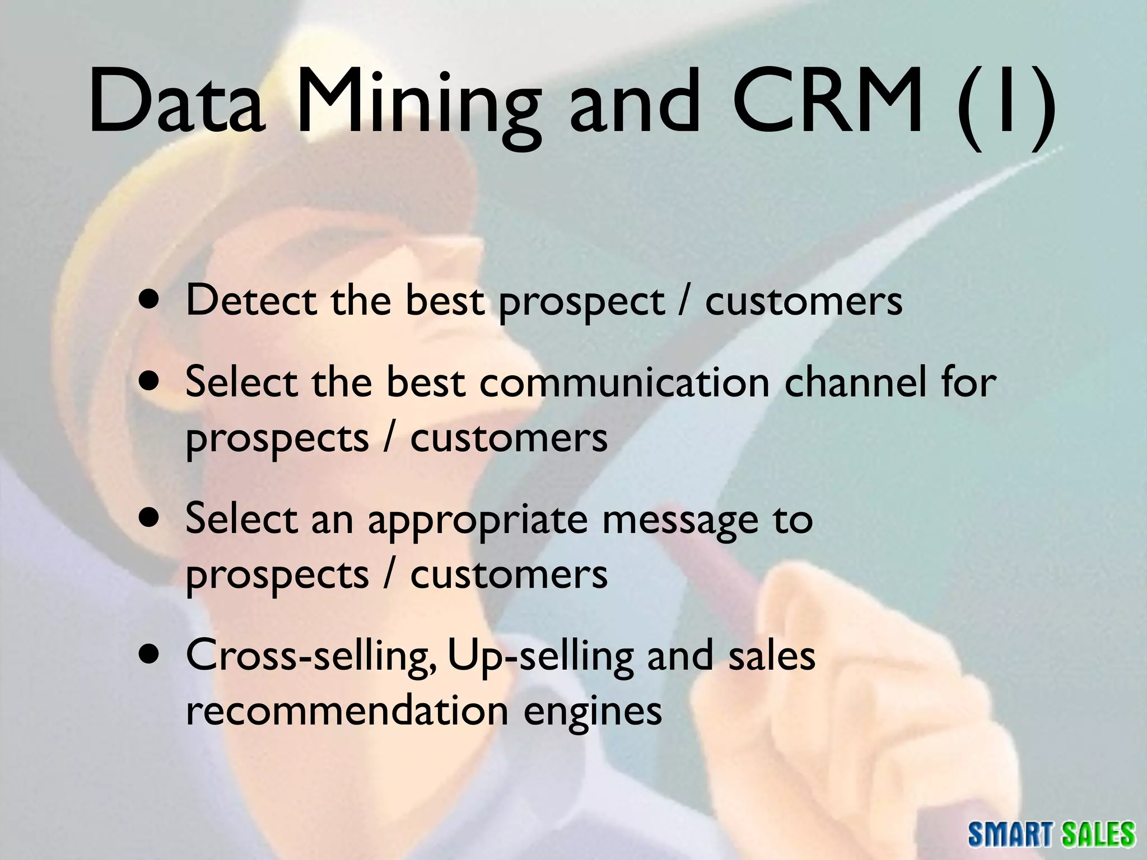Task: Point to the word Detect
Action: pos(250,300)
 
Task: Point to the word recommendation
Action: pos(347,710)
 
